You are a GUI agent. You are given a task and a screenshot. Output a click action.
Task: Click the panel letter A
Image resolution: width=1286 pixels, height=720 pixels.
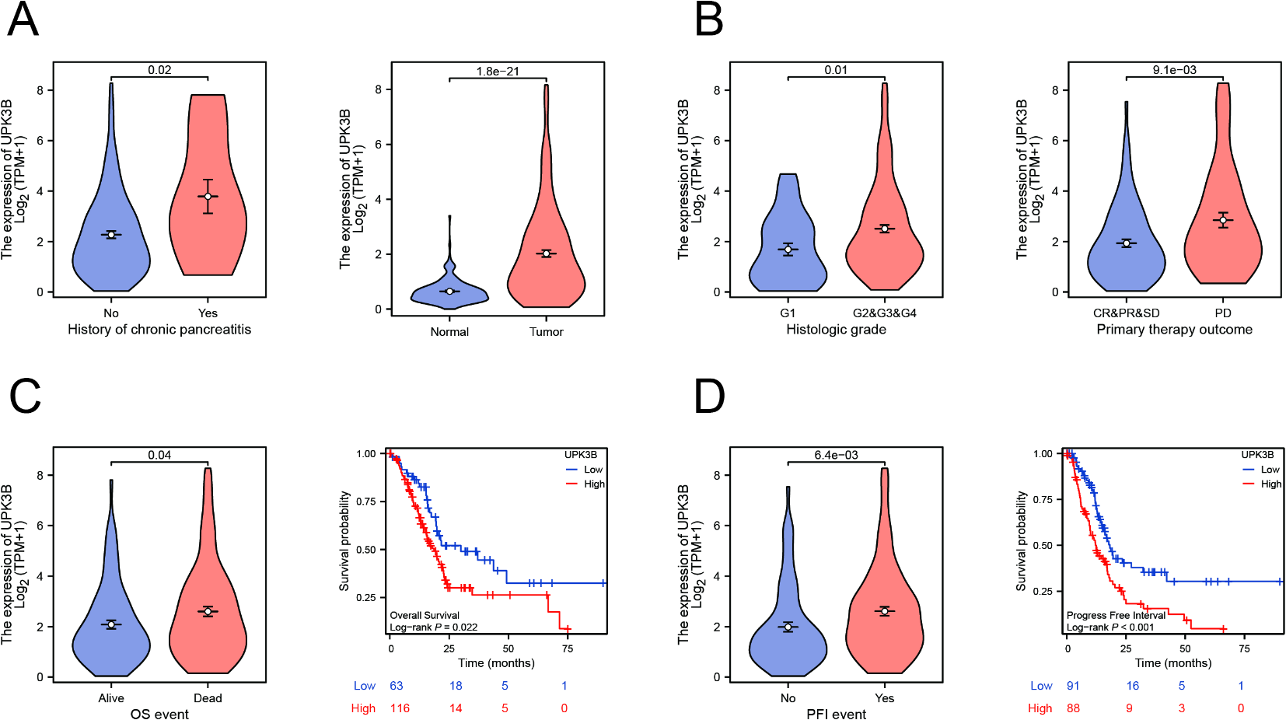[23, 20]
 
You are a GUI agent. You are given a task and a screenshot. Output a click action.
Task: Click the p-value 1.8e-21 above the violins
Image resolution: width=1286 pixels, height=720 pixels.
[498, 72]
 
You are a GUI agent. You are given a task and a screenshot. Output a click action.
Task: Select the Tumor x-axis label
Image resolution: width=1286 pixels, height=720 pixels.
[546, 332]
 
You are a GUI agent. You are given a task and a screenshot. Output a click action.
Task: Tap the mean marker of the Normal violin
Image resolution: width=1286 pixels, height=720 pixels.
[449, 291]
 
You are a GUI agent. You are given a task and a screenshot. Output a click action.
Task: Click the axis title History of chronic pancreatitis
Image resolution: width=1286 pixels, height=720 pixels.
[159, 330]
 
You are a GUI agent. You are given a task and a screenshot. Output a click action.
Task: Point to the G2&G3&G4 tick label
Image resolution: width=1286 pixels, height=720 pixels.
[884, 313]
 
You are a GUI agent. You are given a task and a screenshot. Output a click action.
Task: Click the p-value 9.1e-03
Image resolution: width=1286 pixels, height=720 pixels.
[1174, 70]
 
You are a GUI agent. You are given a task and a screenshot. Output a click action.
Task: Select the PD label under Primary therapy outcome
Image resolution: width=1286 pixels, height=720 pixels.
[1222, 313]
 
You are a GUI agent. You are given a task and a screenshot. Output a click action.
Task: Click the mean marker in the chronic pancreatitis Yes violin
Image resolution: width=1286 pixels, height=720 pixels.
[208, 196]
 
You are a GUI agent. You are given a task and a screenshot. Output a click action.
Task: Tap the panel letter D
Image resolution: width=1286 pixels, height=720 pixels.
[708, 396]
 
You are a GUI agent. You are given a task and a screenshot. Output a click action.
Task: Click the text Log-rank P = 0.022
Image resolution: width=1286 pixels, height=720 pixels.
[433, 627]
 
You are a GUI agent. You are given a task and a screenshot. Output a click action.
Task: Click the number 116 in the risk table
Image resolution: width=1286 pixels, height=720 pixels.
[400, 708]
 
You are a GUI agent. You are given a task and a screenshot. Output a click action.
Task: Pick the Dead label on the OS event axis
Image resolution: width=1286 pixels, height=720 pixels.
[208, 698]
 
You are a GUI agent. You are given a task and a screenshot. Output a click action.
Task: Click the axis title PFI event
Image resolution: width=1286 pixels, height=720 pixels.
[836, 715]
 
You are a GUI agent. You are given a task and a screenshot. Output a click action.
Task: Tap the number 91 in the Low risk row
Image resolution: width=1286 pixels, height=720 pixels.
[1073, 686]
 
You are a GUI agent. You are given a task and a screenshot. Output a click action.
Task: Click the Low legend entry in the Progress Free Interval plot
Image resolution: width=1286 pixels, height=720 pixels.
[1270, 470]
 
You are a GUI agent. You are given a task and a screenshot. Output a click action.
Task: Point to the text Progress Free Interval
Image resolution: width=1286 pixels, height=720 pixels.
[1116, 615]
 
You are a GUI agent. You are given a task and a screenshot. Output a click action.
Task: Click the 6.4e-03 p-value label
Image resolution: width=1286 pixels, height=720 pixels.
[836, 455]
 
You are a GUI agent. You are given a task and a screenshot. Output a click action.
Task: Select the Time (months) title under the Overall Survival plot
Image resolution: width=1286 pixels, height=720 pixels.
[496, 663]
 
